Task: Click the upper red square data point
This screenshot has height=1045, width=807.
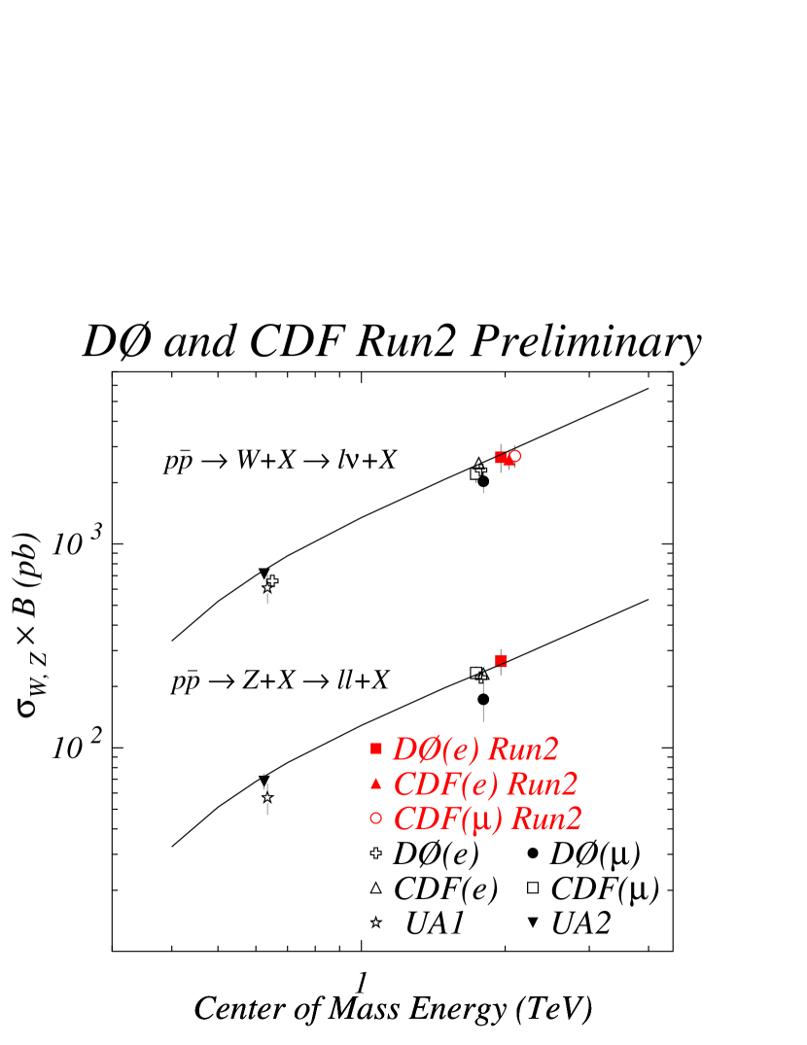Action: coord(500,457)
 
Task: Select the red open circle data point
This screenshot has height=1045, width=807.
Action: coord(515,455)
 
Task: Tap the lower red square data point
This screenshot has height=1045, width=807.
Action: coord(501,661)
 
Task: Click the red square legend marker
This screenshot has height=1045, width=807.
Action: coord(376,749)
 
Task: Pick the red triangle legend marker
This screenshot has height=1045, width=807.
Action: coord(376,784)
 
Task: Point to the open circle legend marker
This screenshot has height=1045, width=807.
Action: coord(376,819)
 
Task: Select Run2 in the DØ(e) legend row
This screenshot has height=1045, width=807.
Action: coord(522,749)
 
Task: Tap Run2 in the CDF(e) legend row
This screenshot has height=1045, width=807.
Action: coord(542,784)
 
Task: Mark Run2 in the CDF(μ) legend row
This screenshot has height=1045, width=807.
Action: coord(545,819)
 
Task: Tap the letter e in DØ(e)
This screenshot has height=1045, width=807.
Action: coord(460,751)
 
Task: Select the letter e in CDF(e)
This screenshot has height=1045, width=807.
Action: coord(478,786)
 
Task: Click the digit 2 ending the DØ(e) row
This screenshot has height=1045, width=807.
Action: coord(550,749)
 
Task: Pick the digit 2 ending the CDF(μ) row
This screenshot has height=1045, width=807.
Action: coord(573,819)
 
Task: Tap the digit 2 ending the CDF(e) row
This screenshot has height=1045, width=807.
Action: coord(570,784)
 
